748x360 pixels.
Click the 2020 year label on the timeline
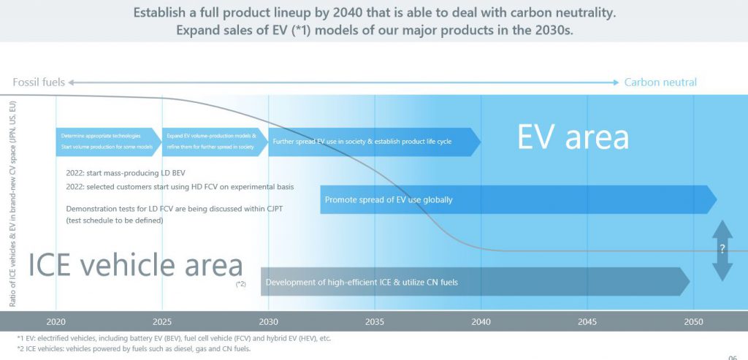[56, 321]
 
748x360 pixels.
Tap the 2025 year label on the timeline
[162, 321]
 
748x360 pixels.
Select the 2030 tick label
[268, 321]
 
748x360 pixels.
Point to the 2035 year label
[375, 321]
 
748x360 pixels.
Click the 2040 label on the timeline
[481, 321]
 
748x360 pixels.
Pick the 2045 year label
[587, 321]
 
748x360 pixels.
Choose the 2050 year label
[693, 321]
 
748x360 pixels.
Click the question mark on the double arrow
[722, 249]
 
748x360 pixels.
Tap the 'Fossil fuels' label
[38, 83]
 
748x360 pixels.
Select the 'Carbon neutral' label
[660, 83]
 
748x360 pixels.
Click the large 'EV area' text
[573, 137]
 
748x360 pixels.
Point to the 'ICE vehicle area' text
[136, 266]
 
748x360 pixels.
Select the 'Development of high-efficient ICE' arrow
[475, 282]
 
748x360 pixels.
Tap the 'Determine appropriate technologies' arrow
[108, 142]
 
